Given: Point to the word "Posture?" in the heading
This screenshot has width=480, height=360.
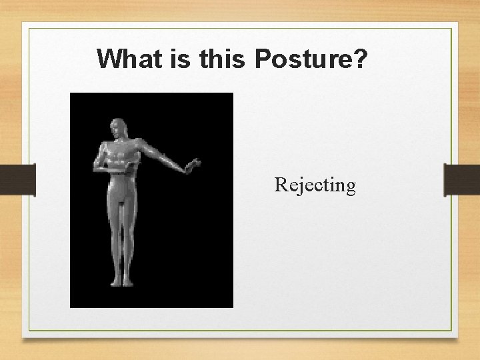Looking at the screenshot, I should click(311, 59).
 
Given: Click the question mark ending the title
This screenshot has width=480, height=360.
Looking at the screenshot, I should click(361, 59).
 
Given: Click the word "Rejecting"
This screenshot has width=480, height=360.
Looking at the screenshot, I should click(315, 185).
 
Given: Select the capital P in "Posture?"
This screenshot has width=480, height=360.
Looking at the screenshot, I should click(263, 59).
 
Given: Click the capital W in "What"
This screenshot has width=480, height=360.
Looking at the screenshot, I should click(109, 59).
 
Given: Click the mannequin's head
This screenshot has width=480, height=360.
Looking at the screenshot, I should click(119, 129).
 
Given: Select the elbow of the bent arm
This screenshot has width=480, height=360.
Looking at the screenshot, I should click(98, 167).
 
